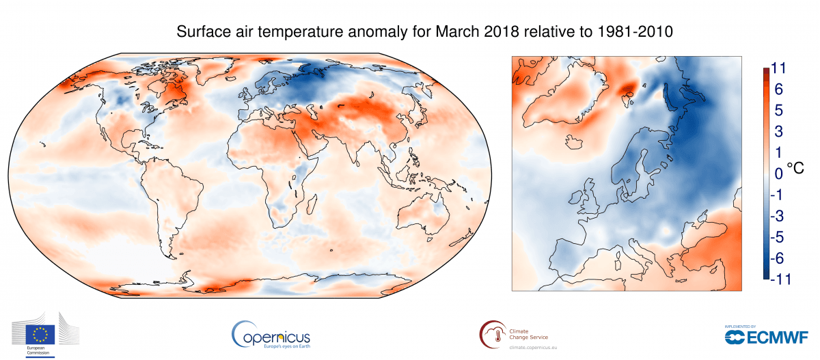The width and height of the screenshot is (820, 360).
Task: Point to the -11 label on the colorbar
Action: (779, 279)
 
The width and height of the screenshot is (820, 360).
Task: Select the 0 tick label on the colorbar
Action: (778, 174)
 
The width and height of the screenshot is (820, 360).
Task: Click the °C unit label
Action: (796, 167)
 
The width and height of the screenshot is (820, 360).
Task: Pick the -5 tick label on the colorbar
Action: (779, 237)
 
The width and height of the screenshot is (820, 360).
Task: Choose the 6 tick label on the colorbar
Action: (778, 89)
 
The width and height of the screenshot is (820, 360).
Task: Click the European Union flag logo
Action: (41, 334)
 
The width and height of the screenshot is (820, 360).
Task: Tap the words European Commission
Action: (40, 351)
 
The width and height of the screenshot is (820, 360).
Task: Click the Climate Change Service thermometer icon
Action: (491, 334)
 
